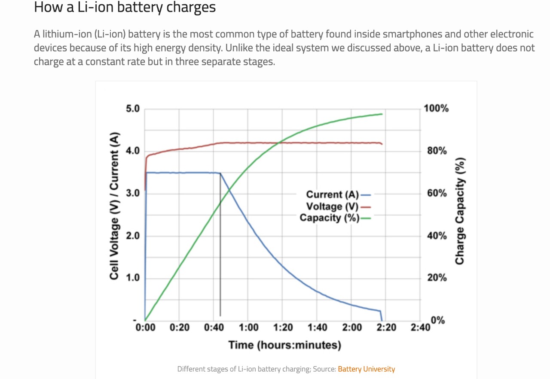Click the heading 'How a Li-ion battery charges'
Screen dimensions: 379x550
[125, 7]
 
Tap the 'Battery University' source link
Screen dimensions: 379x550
[366, 369]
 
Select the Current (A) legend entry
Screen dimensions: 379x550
[338, 194]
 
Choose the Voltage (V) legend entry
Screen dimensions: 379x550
[338, 206]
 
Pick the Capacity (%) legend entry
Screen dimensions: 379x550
[335, 218]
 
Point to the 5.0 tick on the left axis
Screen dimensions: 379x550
[133, 109]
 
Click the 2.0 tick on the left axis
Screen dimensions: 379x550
[133, 236]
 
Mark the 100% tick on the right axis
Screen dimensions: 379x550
[436, 109]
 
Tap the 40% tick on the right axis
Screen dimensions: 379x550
[437, 236]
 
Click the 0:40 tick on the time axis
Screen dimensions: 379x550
[214, 328]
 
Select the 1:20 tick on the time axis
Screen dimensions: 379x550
[283, 328]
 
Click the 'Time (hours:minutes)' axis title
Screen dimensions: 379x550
[284, 345]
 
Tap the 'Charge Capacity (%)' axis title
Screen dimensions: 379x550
[460, 212]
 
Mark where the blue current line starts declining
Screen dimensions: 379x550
[220, 173]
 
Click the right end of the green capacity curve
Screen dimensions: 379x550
[382, 114]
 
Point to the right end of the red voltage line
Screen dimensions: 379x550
[382, 144]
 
